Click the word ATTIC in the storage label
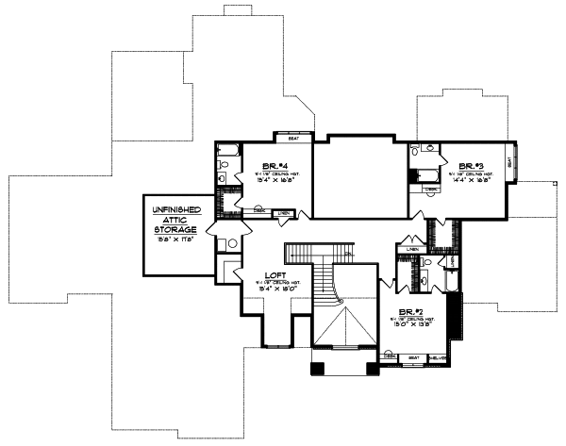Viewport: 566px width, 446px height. tap(175, 218)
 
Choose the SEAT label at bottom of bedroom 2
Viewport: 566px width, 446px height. tap(413, 357)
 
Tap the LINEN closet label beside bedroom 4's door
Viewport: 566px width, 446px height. tap(283, 213)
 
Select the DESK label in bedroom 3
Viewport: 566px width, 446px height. tap(431, 190)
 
